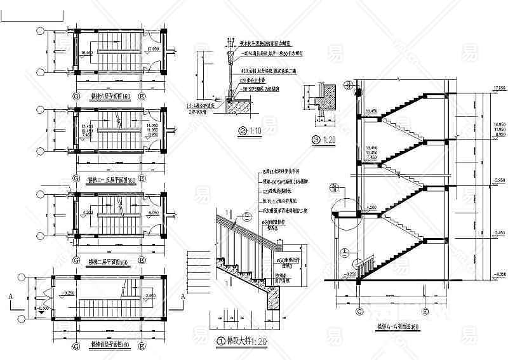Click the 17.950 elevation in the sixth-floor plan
[x=152, y=49]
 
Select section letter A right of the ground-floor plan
[x=183, y=297]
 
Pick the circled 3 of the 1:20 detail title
[x=315, y=140]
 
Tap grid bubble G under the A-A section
[x=360, y=311]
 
